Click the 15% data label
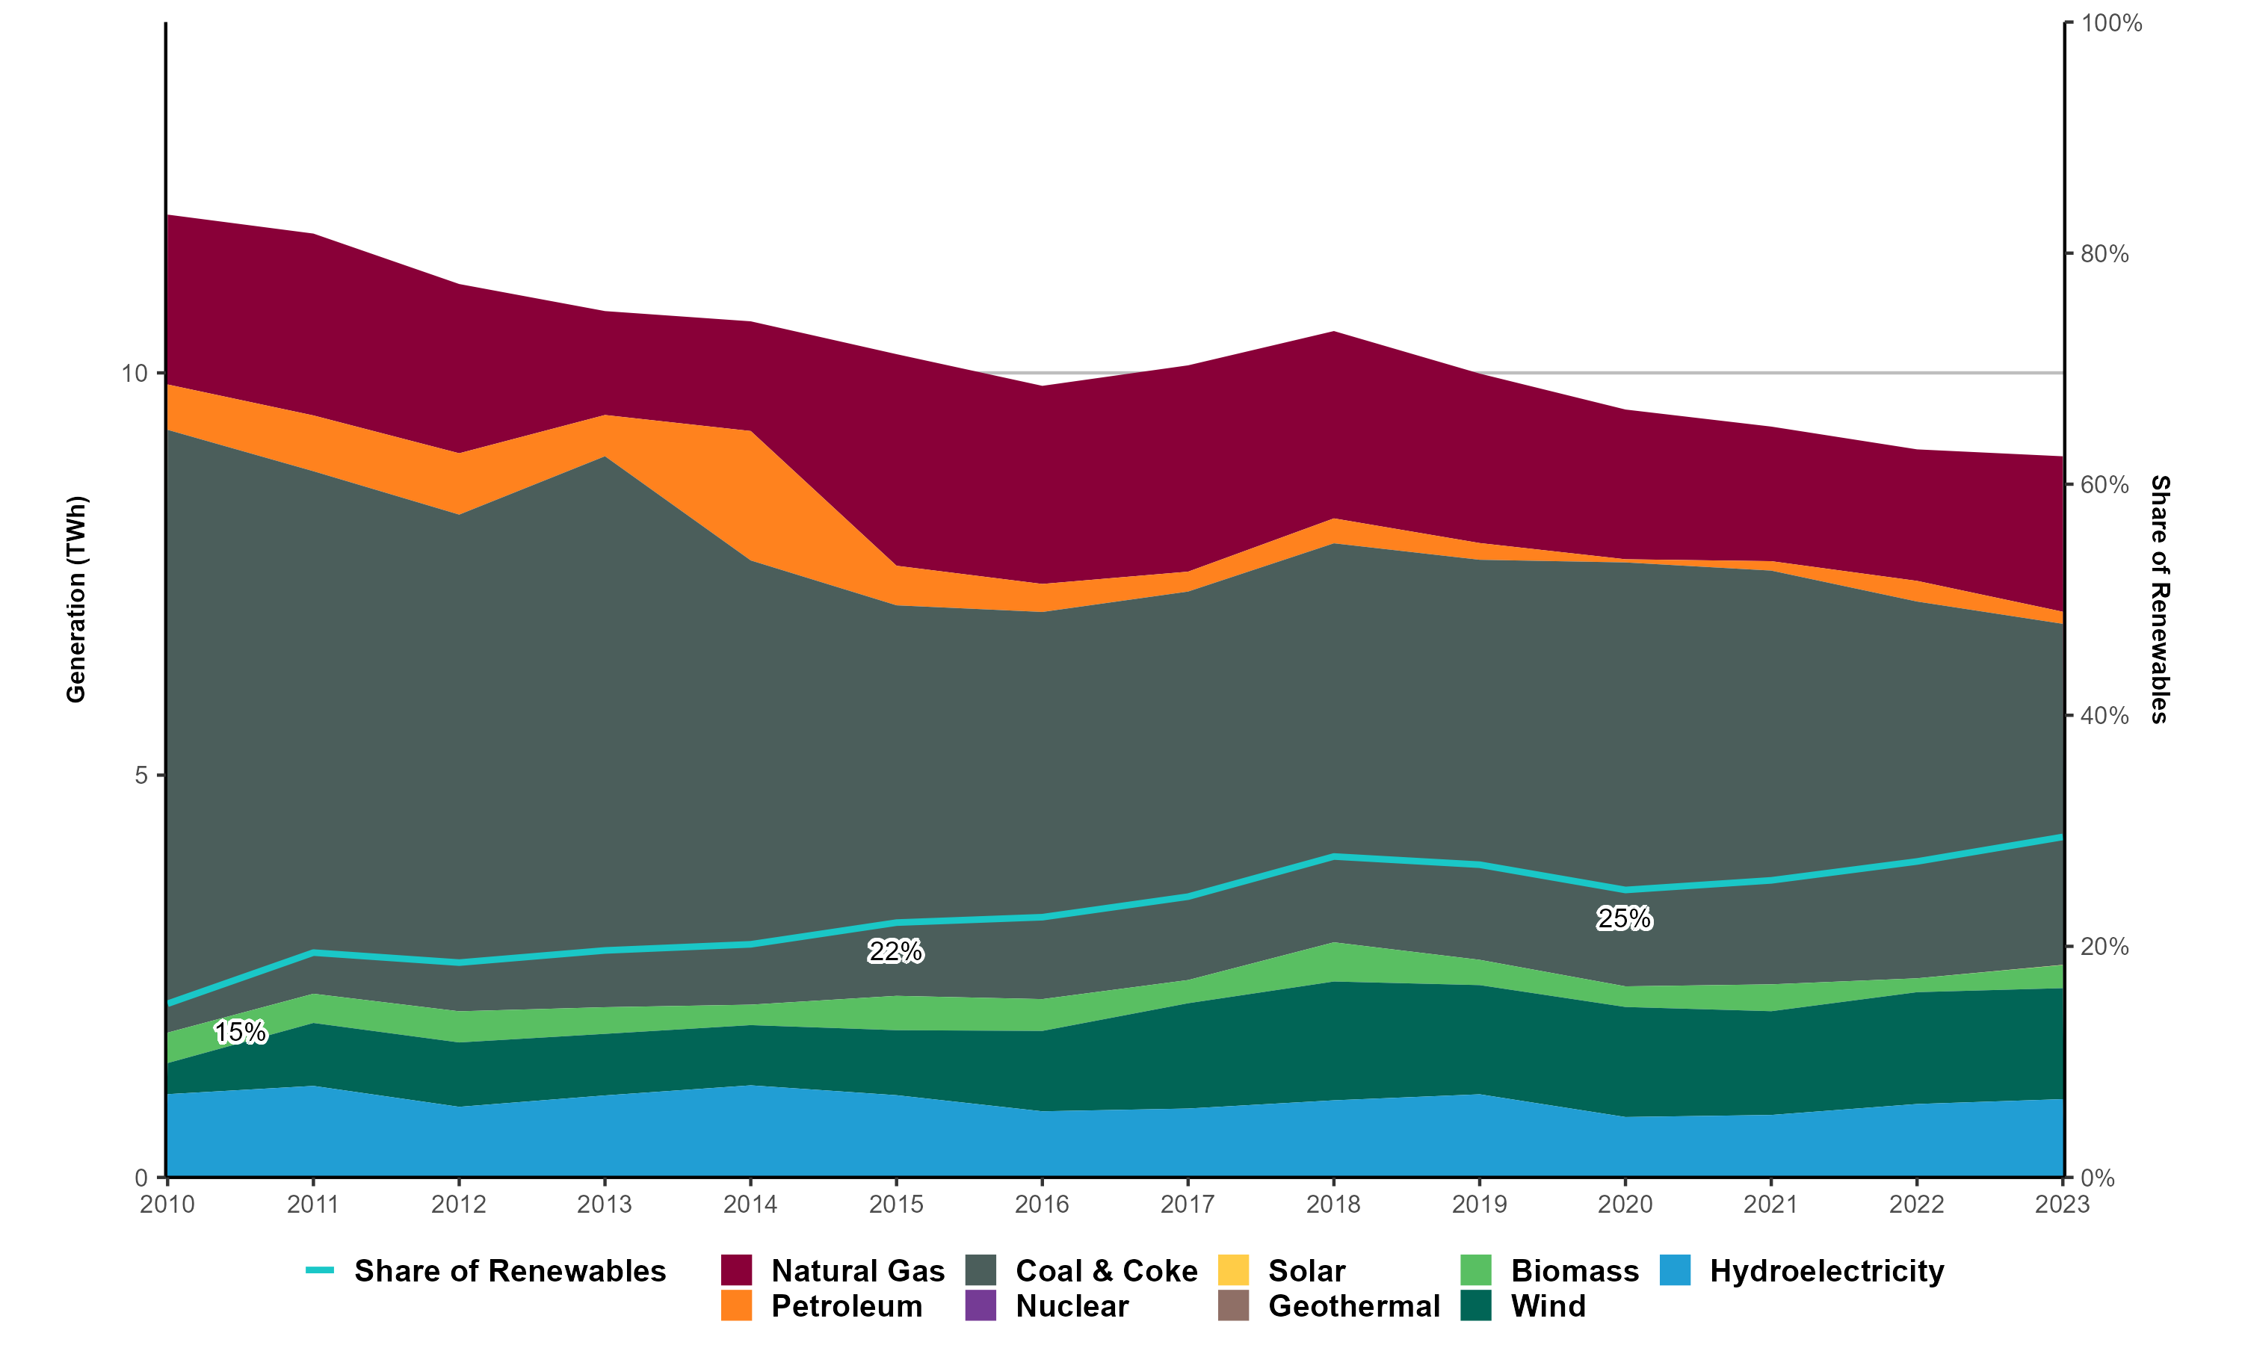point(240,1033)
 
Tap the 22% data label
point(895,952)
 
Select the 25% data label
point(1624,919)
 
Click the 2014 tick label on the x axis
point(750,1205)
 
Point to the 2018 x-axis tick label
point(1333,1205)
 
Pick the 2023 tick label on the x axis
point(2062,1205)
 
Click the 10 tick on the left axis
point(134,374)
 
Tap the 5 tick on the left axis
point(141,776)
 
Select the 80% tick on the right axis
point(2104,254)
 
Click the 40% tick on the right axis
point(2104,716)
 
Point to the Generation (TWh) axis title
point(76,599)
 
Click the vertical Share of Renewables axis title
point(2161,599)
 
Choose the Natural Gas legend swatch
point(737,1271)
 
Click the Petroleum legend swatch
point(737,1306)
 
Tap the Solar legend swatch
point(1233,1271)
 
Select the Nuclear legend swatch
point(981,1306)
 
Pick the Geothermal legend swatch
point(1233,1306)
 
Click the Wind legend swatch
point(1476,1306)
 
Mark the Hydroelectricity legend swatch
point(1676,1271)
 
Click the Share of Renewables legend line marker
point(320,1271)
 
